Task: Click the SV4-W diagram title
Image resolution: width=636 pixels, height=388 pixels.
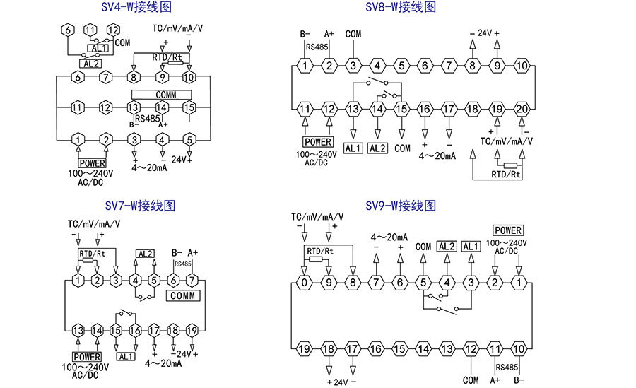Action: point(135,8)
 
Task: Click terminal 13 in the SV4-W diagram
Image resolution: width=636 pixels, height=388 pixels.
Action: point(133,107)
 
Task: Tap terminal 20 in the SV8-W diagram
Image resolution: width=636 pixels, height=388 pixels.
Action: point(522,110)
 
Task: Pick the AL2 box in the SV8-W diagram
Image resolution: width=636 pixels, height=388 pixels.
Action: point(378,148)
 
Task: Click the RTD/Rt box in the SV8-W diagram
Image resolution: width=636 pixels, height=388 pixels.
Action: point(506,174)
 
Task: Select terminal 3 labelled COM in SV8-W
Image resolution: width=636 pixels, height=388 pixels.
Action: point(353,66)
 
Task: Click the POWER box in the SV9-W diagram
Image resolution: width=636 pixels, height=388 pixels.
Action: point(508,230)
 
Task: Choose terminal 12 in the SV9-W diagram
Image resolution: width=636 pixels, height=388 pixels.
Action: point(471,348)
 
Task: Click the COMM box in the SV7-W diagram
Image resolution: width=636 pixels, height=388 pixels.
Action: point(183,295)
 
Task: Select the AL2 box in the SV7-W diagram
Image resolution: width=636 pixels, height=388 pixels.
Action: point(145,254)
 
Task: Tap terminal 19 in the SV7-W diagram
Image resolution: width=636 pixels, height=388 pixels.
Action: point(191,330)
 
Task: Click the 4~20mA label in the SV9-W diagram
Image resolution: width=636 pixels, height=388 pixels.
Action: point(389,237)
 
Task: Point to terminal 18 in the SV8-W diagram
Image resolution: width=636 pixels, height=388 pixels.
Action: point(473,110)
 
